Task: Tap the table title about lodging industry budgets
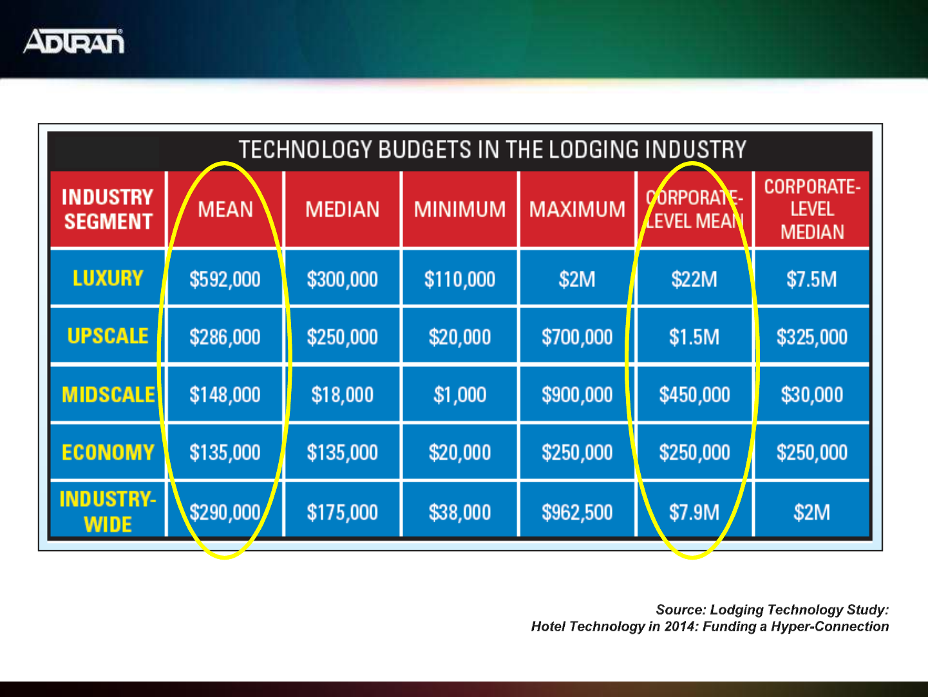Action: coord(493,150)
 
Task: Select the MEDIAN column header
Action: coord(342,210)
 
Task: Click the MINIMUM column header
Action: coord(460,210)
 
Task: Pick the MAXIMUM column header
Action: coord(577,210)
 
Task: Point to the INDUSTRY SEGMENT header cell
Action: coord(108,210)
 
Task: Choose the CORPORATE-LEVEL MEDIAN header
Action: coord(812,210)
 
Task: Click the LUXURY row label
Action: coord(108,279)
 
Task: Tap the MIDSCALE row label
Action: coord(108,395)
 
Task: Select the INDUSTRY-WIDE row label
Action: coord(108,511)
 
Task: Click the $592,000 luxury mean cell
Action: coord(225,279)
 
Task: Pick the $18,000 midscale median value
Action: coord(342,395)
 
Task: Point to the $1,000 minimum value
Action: coord(460,395)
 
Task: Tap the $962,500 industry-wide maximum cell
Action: coord(577,513)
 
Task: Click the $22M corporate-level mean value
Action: coord(694,279)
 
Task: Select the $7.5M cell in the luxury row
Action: coord(811,279)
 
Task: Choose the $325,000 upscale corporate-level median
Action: coord(811,337)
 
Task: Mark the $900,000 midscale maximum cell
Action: coord(577,395)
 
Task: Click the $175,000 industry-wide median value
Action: coord(342,513)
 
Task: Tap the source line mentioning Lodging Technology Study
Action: coord(772,610)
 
